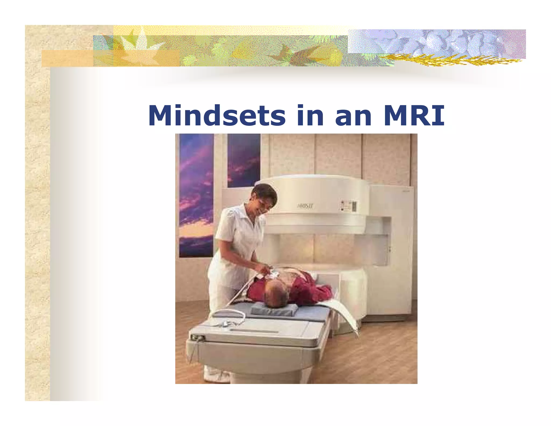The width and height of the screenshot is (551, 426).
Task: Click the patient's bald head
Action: coord(276,295)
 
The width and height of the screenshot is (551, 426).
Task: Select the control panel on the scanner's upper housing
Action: coord(349,206)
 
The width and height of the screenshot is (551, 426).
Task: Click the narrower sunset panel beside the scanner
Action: coord(244,160)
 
